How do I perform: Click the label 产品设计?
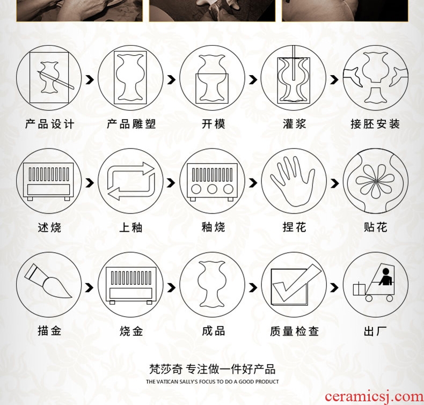[49, 124]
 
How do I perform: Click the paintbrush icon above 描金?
[48, 281]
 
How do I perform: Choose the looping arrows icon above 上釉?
[131, 181]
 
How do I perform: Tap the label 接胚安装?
[375, 124]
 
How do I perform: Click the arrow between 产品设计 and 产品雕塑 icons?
[90, 79]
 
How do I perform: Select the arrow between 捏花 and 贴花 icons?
[334, 183]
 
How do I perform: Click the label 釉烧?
[213, 227]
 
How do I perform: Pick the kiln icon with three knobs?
[212, 181]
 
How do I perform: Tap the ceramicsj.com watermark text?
[374, 397]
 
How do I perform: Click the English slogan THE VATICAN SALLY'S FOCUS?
[213, 382]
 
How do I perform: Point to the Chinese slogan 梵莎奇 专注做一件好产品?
[213, 369]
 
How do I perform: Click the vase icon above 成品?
[211, 284]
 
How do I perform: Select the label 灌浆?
[294, 124]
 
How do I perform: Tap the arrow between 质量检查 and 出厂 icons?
[334, 287]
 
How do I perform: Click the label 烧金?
[131, 331]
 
